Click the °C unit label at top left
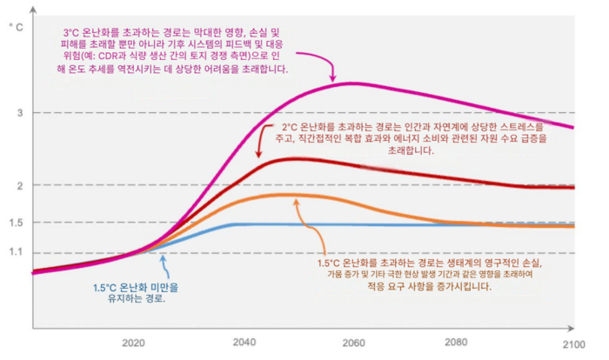[15, 28]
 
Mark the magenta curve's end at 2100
[574, 128]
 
